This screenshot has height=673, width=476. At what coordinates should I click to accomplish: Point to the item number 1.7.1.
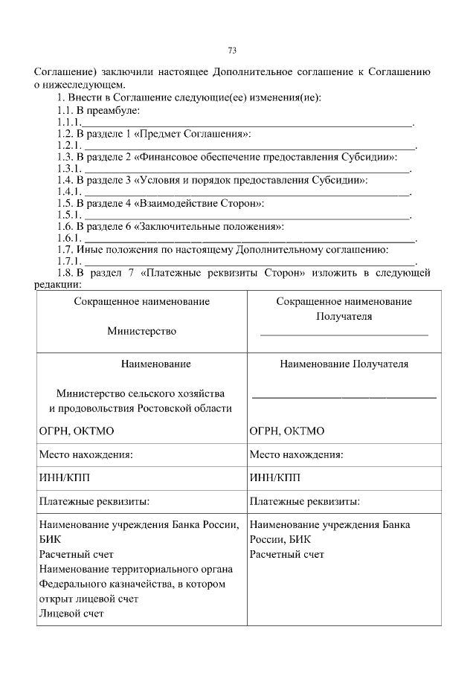click(68, 261)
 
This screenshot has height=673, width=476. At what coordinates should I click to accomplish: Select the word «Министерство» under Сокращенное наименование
click(141, 331)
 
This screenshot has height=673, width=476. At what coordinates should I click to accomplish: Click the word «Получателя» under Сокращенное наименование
click(344, 316)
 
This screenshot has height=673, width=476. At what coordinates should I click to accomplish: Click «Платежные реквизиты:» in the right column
click(305, 500)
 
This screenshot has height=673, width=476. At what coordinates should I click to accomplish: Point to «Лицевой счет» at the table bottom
click(71, 614)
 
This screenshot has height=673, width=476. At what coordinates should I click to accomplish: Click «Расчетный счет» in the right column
click(287, 554)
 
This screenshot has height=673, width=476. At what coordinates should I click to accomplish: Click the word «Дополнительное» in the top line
click(253, 73)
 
